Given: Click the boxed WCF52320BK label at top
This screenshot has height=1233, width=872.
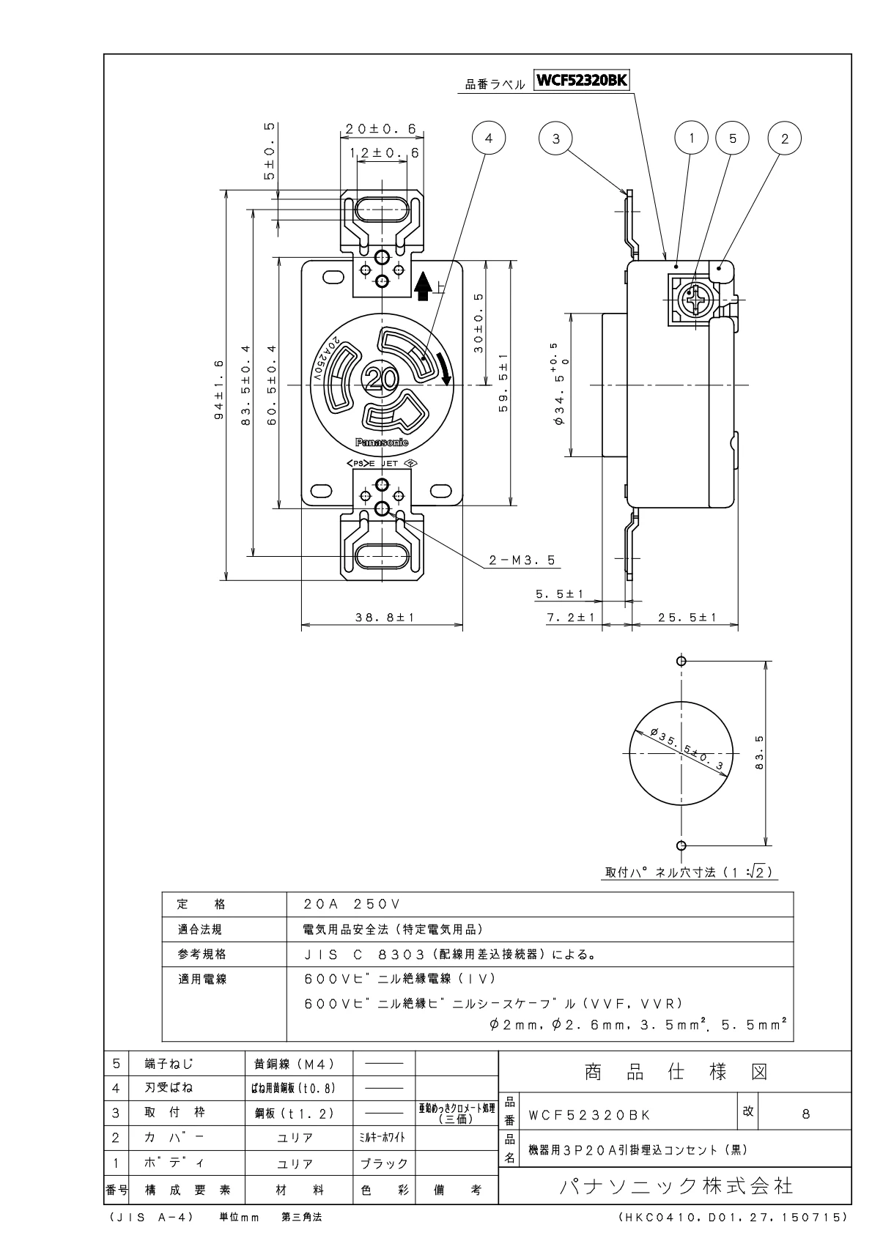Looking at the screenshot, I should [583, 81].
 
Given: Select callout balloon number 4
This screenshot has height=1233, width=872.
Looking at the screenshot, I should [490, 138].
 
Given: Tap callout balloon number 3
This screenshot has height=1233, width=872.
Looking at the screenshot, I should [556, 138].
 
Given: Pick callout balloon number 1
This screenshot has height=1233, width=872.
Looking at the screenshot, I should [690, 138].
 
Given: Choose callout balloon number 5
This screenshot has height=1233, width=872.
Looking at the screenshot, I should [734, 138].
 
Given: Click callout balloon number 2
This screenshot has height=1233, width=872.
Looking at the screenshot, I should [784, 138].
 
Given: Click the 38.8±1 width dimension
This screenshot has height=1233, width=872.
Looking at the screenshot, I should [385, 618].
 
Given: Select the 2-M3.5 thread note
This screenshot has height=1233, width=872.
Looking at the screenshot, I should [522, 561].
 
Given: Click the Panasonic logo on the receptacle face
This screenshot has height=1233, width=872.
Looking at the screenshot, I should [382, 443].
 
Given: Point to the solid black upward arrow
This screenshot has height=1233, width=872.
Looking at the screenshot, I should [423, 286].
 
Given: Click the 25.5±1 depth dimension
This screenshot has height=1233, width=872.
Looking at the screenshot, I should [687, 618].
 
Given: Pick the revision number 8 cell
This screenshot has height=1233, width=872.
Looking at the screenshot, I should [805, 1114].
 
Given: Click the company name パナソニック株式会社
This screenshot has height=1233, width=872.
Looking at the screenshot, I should [674, 1185].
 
